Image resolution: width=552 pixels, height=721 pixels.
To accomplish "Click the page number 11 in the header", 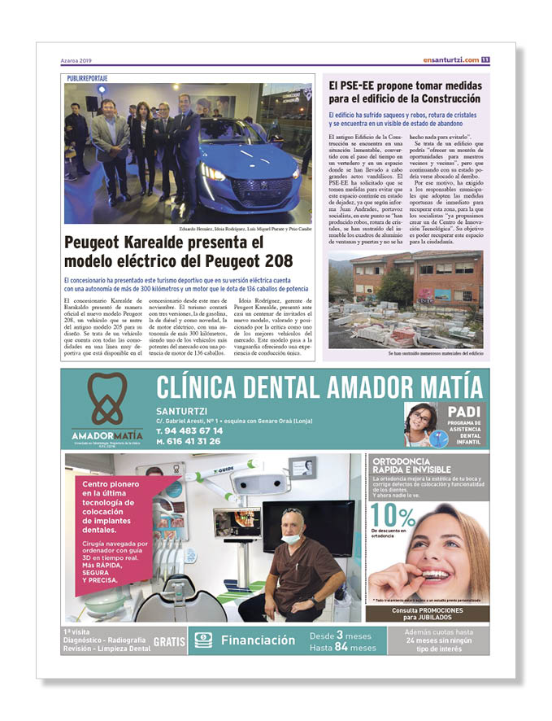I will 485,59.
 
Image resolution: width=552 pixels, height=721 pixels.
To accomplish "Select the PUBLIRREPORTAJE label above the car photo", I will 88,78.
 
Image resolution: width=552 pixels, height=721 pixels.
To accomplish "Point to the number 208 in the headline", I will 272,261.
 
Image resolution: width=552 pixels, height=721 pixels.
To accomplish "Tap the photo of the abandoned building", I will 405,299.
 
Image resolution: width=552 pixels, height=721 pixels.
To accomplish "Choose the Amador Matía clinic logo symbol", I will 107,399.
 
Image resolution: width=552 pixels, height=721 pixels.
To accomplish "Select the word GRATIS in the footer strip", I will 170,640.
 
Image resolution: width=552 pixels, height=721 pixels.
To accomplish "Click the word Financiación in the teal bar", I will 258,640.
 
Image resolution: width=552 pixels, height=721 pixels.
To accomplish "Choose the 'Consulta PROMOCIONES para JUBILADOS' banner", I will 427,614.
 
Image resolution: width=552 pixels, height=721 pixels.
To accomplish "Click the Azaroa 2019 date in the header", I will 76,59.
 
